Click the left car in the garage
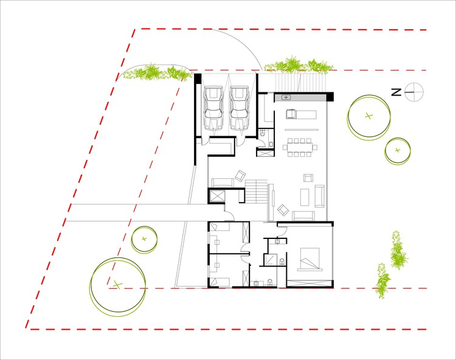(213, 108)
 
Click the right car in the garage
(239, 108)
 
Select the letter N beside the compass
(395, 92)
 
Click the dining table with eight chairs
(300, 147)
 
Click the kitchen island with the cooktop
(301, 114)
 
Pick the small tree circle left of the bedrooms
(145, 238)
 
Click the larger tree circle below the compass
(368, 116)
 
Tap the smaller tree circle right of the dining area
(398, 150)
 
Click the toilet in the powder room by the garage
(261, 134)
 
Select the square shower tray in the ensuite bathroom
(270, 259)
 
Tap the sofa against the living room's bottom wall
(303, 215)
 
